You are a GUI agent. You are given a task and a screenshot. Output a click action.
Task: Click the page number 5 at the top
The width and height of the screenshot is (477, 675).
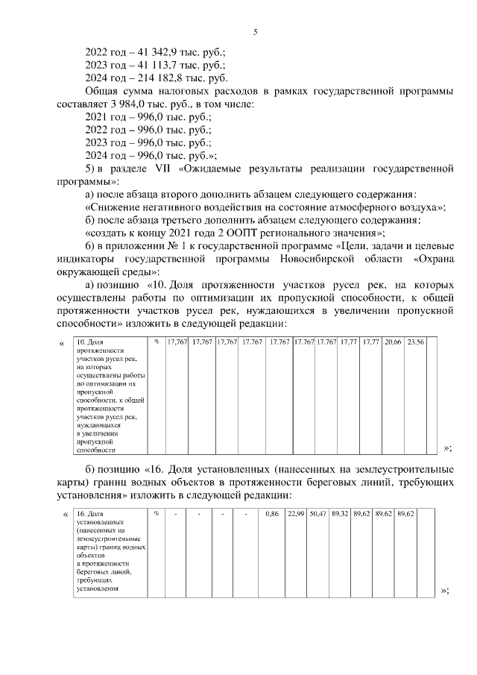coord(255,32)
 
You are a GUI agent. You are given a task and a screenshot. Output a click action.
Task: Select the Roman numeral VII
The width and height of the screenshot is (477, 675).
coord(164,169)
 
